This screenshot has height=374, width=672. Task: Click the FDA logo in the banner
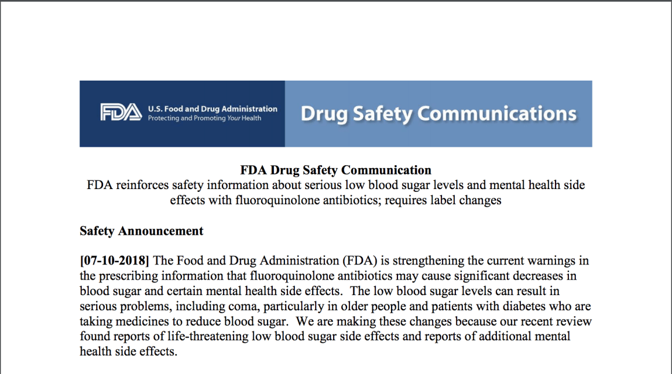[120, 112]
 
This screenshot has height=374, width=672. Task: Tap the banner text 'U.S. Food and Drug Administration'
[213, 108]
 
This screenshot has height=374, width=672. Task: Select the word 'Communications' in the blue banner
[496, 113]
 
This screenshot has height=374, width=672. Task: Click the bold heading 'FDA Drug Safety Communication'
[335, 170]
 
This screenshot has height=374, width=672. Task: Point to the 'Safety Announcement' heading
[141, 231]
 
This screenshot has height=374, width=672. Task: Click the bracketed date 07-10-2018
[114, 261]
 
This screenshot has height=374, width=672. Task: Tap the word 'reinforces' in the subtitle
[143, 186]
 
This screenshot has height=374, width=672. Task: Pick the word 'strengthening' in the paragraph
[428, 261]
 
